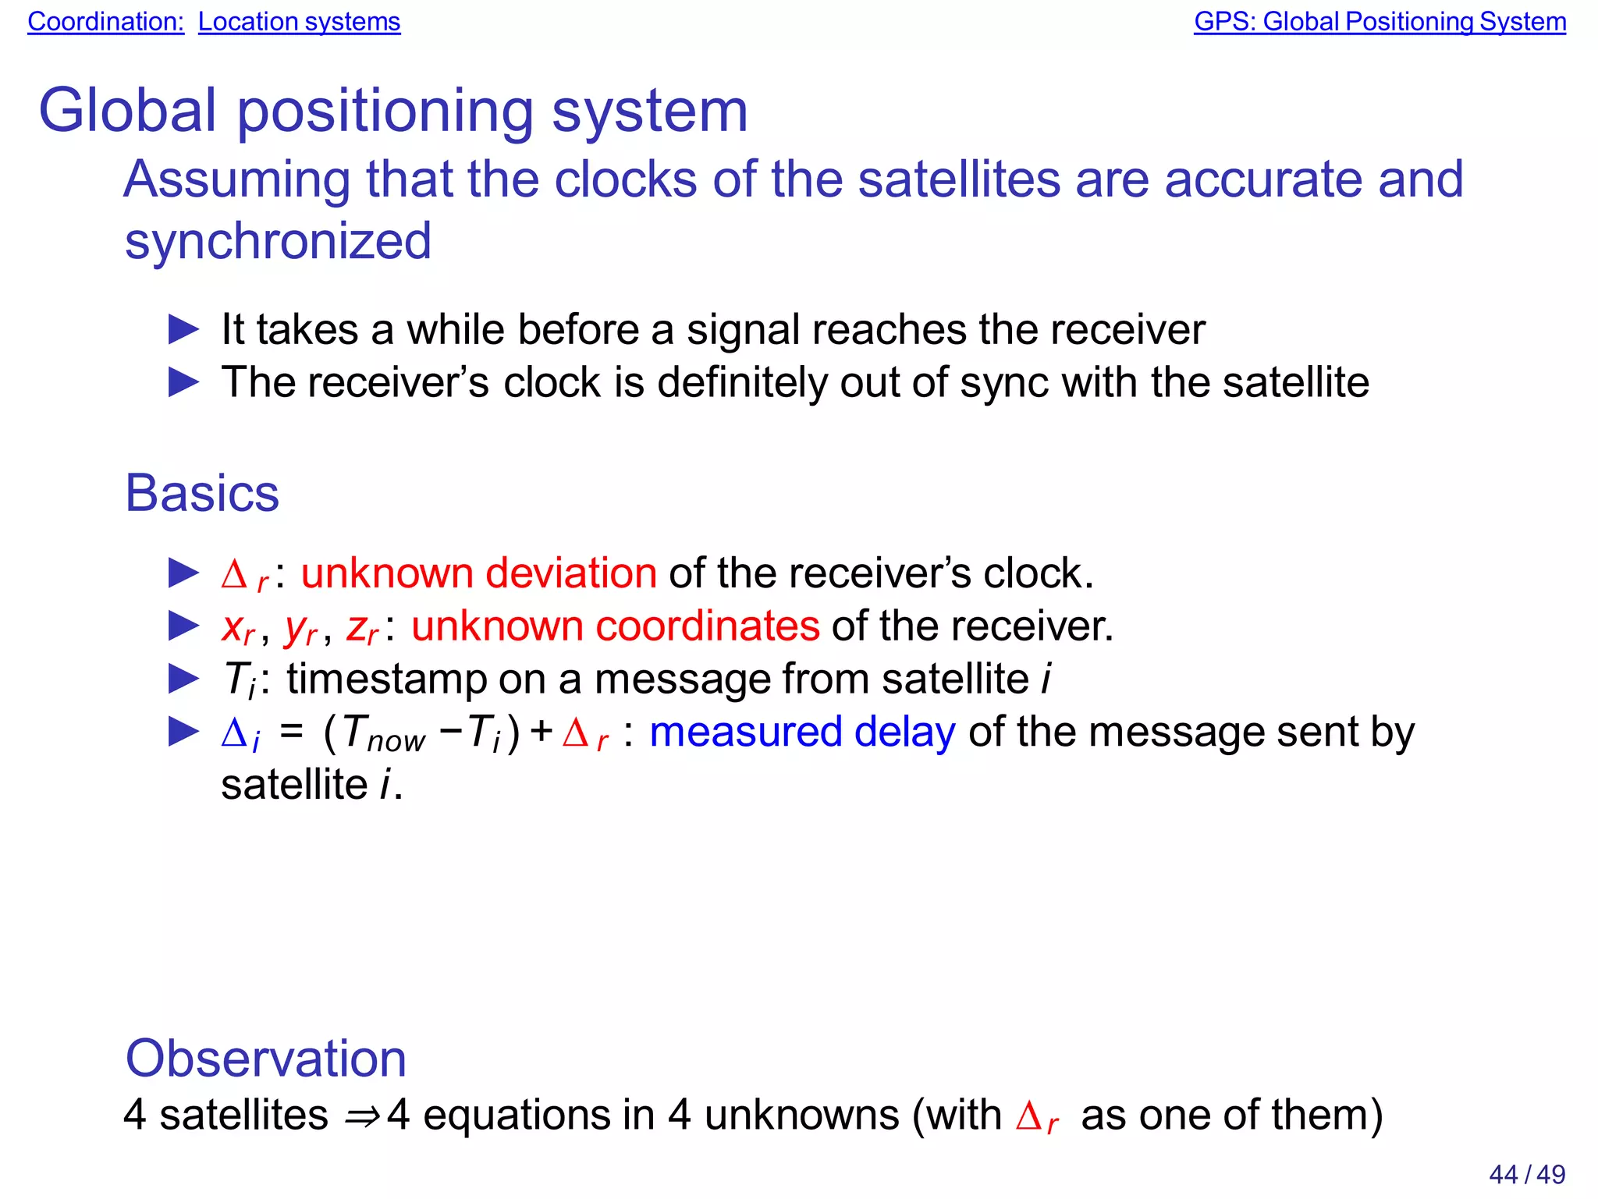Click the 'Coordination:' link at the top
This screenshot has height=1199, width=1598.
[x=105, y=22]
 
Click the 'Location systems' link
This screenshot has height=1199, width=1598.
[x=299, y=22]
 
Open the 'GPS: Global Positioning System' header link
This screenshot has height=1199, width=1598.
[x=1380, y=22]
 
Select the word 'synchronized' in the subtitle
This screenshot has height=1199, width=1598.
[x=278, y=241]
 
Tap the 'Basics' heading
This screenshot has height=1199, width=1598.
[x=202, y=493]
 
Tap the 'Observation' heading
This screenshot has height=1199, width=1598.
[x=266, y=1059]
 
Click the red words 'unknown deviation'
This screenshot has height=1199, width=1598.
[x=478, y=573]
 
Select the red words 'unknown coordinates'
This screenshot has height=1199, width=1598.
[x=615, y=626]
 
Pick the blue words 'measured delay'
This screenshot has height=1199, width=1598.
[x=802, y=733]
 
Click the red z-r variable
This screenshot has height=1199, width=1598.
[x=362, y=628]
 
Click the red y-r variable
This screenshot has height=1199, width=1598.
[x=300, y=629]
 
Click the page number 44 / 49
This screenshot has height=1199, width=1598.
[x=1527, y=1174]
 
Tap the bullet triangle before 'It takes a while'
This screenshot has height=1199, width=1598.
[x=184, y=330]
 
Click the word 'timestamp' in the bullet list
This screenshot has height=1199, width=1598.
[x=387, y=679]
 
